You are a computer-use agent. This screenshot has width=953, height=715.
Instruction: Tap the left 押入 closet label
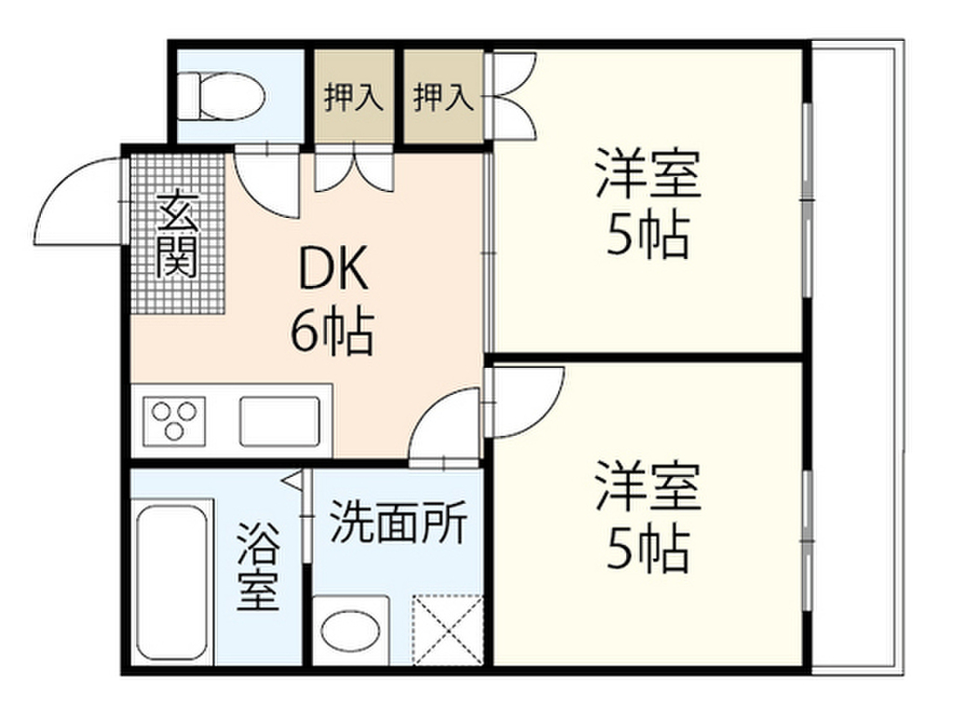354,98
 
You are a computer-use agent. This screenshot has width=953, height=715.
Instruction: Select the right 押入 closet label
444,98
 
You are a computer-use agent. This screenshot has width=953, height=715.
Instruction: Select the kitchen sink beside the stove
279,420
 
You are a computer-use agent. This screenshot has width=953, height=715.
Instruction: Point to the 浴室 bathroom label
258,568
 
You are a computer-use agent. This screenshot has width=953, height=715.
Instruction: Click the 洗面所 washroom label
398,525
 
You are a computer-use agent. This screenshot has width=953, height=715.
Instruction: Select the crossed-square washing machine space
448,629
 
